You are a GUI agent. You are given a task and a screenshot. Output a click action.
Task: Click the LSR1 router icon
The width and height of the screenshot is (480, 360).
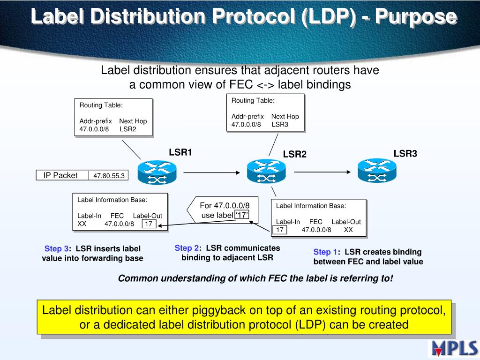(157, 172)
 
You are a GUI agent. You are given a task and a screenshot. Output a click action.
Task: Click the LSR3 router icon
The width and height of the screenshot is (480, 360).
(376, 171)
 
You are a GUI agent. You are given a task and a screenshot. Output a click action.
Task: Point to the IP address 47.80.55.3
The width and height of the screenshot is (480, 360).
(109, 176)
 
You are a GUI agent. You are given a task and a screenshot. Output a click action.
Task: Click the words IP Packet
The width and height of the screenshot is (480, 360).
(60, 175)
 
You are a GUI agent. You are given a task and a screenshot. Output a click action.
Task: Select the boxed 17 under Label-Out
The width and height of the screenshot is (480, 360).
(149, 224)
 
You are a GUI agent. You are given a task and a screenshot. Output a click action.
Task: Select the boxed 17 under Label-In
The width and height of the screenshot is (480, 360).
(280, 230)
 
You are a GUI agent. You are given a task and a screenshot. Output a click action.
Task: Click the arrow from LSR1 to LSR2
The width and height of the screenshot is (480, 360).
(211, 172)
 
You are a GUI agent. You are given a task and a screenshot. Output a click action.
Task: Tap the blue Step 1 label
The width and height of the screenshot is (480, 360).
(325, 252)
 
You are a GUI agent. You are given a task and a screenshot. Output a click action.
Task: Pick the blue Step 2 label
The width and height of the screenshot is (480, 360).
(187, 248)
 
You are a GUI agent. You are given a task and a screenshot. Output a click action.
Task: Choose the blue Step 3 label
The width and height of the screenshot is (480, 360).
(56, 248)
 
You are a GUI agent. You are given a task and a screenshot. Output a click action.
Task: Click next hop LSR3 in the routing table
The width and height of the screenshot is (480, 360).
(280, 124)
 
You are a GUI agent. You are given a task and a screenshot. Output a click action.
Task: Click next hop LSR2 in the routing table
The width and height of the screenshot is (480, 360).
(128, 129)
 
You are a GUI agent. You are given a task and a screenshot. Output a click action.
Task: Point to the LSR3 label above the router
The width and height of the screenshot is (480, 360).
(405, 154)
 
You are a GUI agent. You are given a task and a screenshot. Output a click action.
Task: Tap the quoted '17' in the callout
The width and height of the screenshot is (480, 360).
(241, 215)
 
